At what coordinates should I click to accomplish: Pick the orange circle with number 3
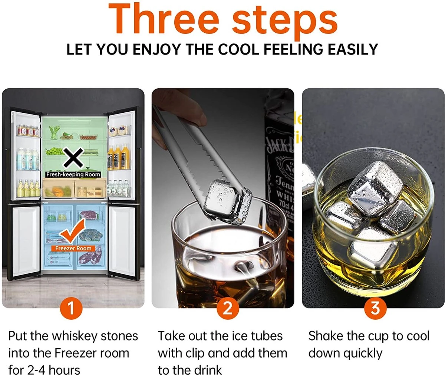375,308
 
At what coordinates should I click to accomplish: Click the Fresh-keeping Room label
73,174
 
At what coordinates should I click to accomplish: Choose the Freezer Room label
73,248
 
